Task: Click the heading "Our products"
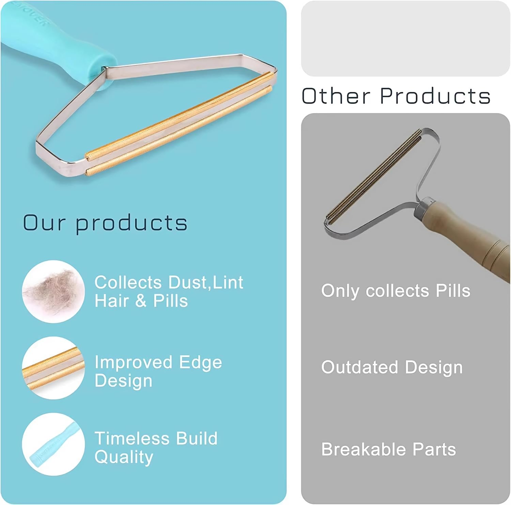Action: coord(105,223)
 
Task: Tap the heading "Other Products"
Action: coord(396,96)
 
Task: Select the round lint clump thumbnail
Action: coord(53,291)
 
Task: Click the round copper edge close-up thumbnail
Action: coord(53,368)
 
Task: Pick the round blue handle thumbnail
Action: coord(53,444)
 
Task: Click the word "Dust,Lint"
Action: coord(206,283)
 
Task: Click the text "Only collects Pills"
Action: coord(396,291)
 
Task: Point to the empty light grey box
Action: coord(405,38)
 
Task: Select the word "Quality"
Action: coord(124,457)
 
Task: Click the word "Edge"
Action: coord(201,362)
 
